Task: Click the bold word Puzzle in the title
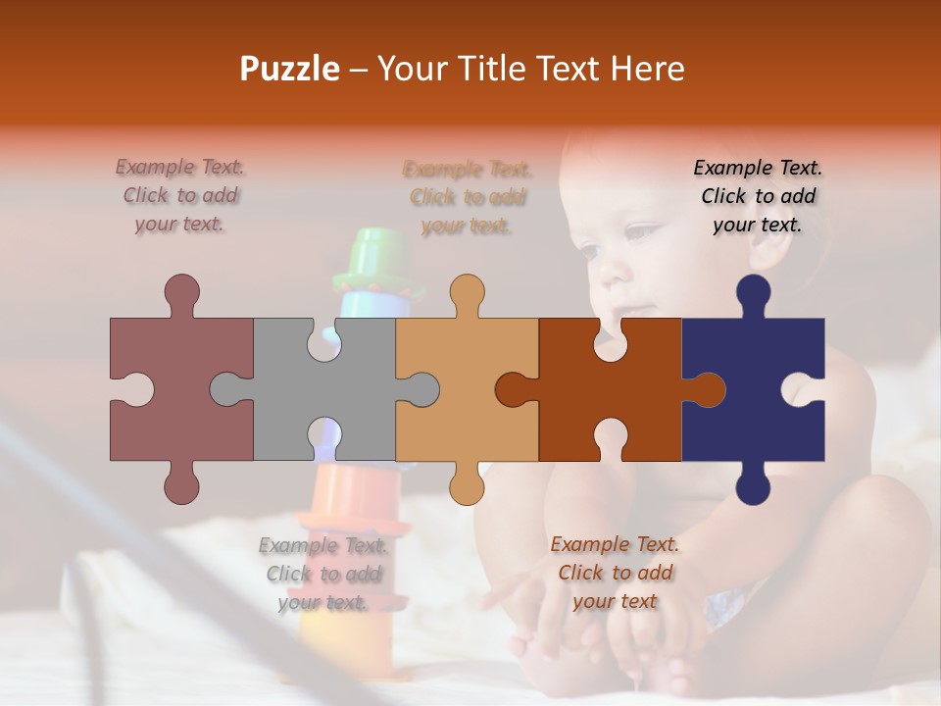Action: [x=289, y=69]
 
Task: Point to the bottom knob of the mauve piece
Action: [x=181, y=484]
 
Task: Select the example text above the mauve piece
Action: [x=180, y=195]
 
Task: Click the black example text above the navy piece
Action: [x=758, y=195]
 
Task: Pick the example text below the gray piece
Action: [x=323, y=574]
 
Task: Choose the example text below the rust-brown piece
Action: [x=615, y=572]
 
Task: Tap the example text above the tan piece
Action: [x=468, y=197]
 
